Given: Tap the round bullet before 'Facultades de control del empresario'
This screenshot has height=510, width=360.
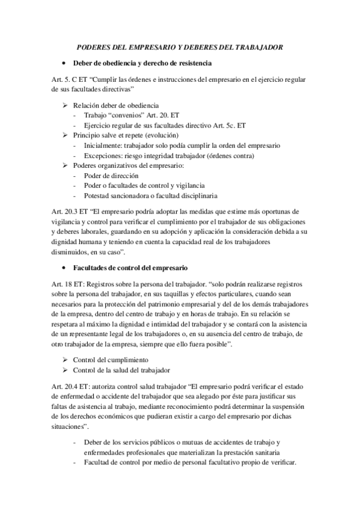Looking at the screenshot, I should (x=63, y=266).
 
